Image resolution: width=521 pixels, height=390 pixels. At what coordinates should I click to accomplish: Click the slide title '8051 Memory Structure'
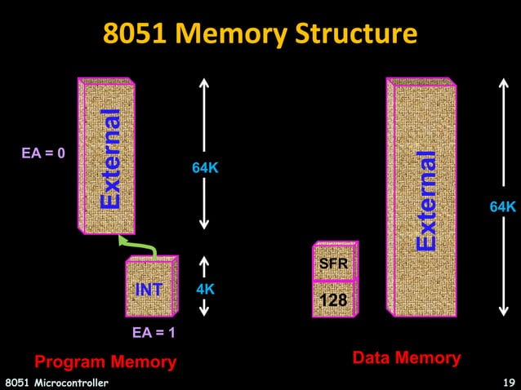pos(260,33)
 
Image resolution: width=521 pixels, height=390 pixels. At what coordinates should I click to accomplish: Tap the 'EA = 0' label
pos(43,153)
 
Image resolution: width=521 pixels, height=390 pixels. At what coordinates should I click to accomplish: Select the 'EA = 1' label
pos(154,333)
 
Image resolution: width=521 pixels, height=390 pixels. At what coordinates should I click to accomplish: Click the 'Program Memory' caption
pos(105,361)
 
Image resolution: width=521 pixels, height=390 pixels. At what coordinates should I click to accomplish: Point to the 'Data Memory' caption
pos(406,357)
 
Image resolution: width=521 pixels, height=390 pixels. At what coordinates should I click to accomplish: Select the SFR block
pos(333,263)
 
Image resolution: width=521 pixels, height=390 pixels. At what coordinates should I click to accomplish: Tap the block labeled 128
pos(333,299)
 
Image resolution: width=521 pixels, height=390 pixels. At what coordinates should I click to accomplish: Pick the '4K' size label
pos(205,290)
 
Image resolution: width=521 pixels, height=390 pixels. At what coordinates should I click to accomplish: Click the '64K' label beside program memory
pos(205,168)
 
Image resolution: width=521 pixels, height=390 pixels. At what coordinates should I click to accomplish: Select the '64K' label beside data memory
pos(502,208)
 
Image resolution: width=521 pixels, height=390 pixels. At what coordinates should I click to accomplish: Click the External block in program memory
pos(107,155)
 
